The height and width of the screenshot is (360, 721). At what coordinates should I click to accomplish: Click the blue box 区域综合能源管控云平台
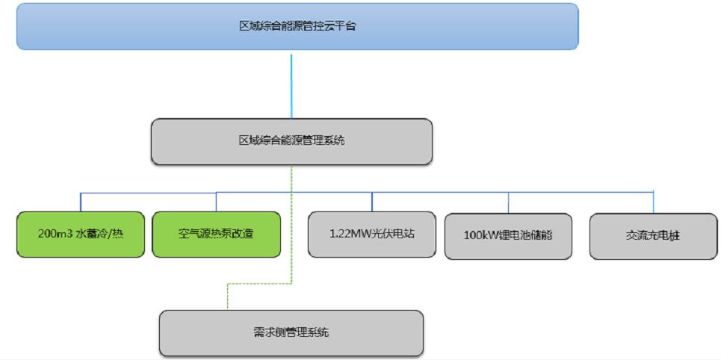click(297, 26)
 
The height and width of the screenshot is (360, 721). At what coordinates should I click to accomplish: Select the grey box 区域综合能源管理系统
click(291, 141)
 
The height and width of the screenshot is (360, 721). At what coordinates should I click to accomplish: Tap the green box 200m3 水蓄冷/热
click(81, 235)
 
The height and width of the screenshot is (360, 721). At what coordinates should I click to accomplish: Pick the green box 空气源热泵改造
click(217, 235)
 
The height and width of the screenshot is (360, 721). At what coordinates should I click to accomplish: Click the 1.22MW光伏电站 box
click(372, 235)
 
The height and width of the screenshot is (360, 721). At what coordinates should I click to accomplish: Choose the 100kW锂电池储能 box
click(508, 236)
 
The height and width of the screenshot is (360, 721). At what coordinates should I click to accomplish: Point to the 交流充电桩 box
click(654, 236)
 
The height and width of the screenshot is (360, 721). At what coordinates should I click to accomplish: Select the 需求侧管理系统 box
click(291, 332)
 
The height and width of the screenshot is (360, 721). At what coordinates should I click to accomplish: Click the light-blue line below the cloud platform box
click(291, 84)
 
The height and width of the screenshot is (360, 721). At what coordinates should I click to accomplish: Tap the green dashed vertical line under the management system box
click(291, 224)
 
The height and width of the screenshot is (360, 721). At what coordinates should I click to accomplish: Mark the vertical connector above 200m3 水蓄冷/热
click(81, 202)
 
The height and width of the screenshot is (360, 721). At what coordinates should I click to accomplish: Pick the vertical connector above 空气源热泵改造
click(217, 202)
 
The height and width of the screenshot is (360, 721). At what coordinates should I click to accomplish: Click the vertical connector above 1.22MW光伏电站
click(372, 202)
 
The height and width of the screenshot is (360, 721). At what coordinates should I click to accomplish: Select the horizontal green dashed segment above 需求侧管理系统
click(259, 284)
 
